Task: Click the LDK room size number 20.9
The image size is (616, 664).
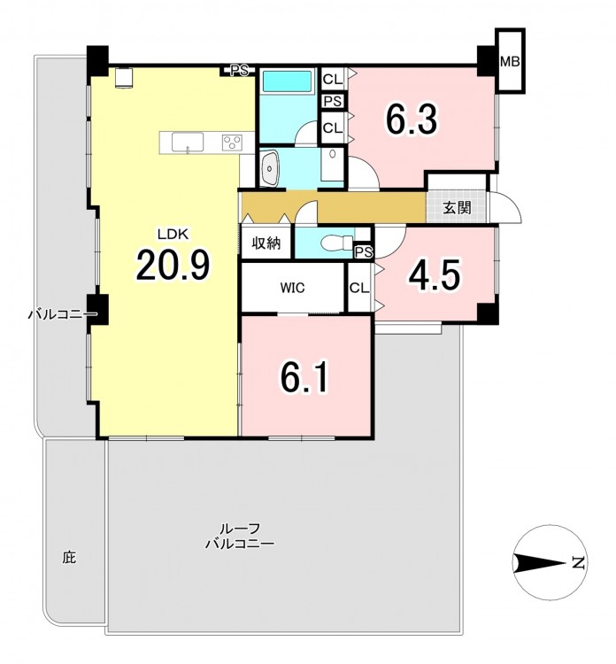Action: pos(173,266)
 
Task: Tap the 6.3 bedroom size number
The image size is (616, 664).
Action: pos(411,120)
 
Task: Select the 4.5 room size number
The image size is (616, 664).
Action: pos(434,275)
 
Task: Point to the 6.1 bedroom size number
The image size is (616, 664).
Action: pos(304,377)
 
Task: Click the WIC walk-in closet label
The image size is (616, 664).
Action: pos(292,288)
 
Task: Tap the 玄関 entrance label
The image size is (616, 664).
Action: pos(457,207)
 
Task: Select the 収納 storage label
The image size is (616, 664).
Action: pos(266,243)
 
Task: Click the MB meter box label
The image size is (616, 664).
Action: pos(510,62)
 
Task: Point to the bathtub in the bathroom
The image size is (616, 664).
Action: pos(287,81)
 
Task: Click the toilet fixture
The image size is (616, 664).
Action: pos(337,243)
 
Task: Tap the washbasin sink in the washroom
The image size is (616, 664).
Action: pos(270,168)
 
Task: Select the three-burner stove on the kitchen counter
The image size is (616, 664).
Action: pos(232,142)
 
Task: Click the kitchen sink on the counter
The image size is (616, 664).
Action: pos(187,142)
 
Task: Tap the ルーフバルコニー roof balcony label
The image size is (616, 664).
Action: pos(239,536)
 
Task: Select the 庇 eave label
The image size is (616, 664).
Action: pos(69,557)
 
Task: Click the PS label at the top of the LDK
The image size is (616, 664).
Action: pos(239,71)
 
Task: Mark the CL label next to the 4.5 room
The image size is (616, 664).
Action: pos(359,288)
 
